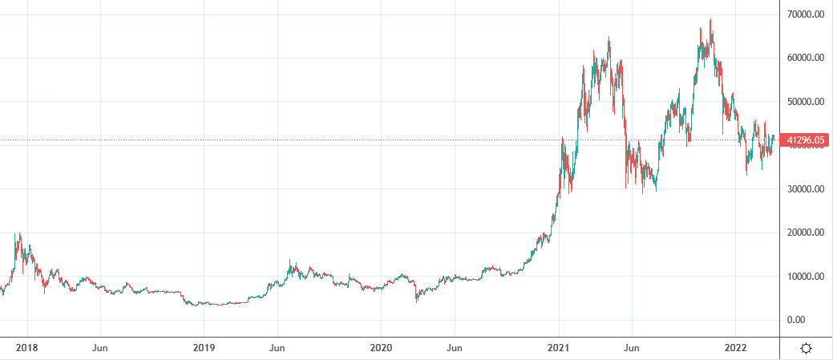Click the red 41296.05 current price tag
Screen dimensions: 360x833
805,141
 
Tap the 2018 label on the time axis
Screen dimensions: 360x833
26,348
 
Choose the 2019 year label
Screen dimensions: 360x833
204,348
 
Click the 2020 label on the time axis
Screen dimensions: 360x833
381,348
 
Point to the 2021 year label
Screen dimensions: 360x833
559,348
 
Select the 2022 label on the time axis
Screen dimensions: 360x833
735,348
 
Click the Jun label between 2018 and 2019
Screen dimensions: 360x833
100,348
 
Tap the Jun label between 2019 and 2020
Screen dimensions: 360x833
277,348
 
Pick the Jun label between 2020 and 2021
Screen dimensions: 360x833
455,348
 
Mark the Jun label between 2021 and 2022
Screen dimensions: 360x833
632,348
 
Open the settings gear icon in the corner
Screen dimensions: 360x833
806,348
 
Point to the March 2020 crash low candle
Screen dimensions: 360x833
416,301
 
